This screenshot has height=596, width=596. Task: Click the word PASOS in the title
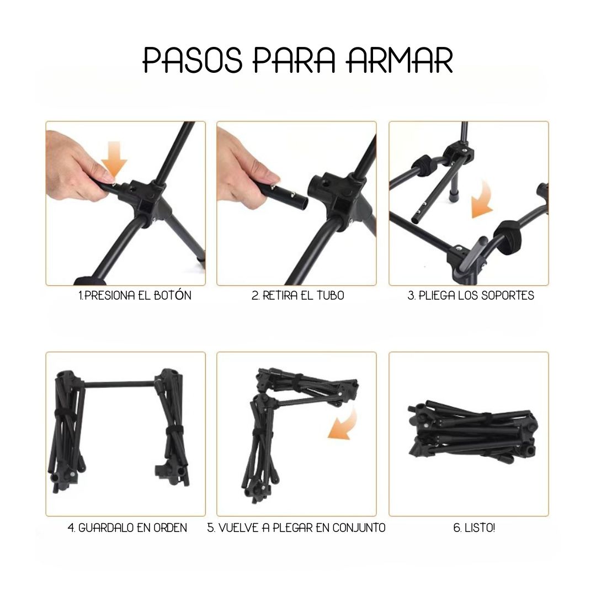pyautogui.click(x=193, y=60)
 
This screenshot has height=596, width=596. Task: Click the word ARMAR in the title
pyautogui.click(x=400, y=60)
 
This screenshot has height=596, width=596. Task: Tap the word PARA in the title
pyautogui.click(x=295, y=60)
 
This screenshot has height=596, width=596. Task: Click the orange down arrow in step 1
pyautogui.click(x=114, y=159)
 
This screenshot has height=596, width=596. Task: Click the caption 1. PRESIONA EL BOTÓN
pyautogui.click(x=135, y=295)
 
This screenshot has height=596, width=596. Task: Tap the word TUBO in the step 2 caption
pyautogui.click(x=331, y=295)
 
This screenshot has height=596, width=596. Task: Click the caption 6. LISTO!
pyautogui.click(x=474, y=528)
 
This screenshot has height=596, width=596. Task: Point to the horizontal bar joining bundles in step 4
pyautogui.click(x=119, y=384)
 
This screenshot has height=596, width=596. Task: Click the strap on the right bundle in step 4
pyautogui.click(x=174, y=431)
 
